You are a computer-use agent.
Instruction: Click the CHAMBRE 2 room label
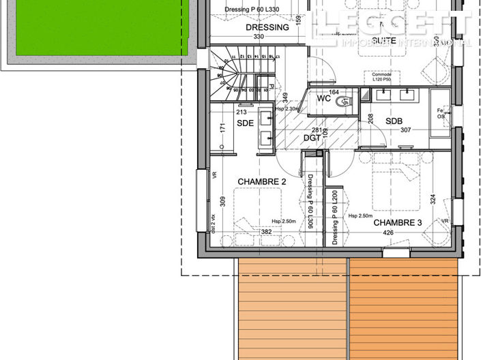261,181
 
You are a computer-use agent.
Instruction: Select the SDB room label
394,121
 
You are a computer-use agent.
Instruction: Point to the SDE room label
246,123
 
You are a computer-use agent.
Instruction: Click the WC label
324,99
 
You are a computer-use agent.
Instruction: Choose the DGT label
312,138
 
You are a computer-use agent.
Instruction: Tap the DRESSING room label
267,28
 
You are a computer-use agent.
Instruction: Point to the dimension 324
432,200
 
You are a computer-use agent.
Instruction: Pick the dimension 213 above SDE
241,112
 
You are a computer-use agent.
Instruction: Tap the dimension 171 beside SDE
222,127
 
